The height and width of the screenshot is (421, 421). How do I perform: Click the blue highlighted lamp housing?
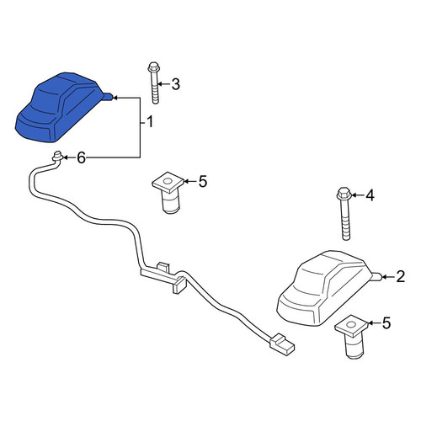click(x=61, y=108)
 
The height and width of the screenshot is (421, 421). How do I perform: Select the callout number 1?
click(x=150, y=122)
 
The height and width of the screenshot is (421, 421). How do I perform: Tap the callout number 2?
click(x=401, y=277)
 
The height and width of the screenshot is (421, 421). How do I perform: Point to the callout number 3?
click(x=176, y=83)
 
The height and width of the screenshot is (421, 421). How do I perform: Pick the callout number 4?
click(x=370, y=195)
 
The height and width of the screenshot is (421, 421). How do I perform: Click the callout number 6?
click(x=81, y=157)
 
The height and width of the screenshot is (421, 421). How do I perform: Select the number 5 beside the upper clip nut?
click(x=203, y=181)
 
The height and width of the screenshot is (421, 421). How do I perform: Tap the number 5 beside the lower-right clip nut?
click(x=386, y=323)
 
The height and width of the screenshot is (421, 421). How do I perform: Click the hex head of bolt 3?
click(x=153, y=67)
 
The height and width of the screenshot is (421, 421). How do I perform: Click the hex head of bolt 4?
click(x=344, y=193)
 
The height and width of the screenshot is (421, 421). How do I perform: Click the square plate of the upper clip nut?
click(x=168, y=182)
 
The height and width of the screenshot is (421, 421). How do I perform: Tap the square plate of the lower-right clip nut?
click(x=351, y=326)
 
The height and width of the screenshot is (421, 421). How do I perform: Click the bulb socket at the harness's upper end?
click(x=58, y=157)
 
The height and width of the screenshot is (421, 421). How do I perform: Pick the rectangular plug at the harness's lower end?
click(x=282, y=344)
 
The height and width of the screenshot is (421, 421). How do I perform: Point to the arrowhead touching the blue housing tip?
click(x=115, y=98)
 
